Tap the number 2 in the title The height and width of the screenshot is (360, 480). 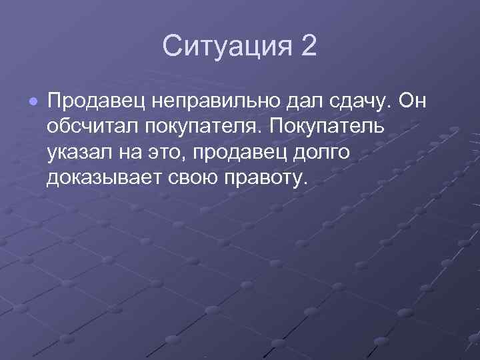tap(308, 47)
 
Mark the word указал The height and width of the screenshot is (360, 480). tap(81, 153)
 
